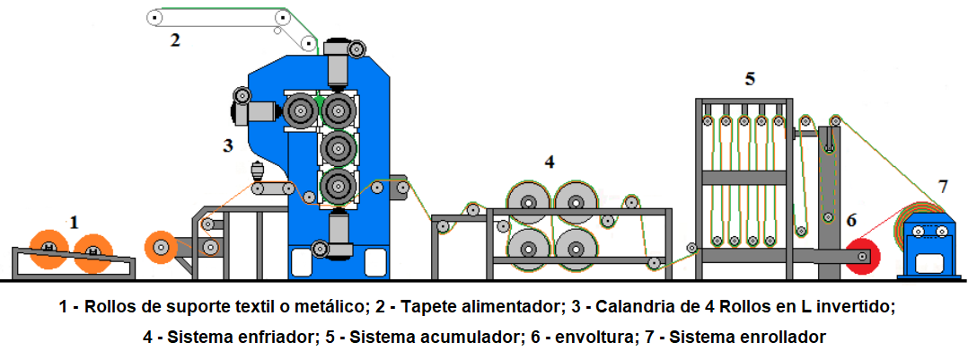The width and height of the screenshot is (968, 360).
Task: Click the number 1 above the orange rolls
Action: (x=75, y=220)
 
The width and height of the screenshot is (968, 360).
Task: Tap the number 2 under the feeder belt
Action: (x=175, y=40)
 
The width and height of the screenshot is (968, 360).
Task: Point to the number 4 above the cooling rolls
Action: (x=550, y=162)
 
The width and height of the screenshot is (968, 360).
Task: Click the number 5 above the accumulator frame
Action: (x=749, y=79)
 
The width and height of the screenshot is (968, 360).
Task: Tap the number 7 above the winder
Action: (x=942, y=186)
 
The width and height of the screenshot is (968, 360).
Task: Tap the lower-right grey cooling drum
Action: (x=575, y=248)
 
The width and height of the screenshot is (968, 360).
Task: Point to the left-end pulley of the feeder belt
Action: (x=154, y=17)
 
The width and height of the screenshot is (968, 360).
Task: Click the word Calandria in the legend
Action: (x=605, y=307)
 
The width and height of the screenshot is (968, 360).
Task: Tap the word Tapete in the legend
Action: (x=418, y=307)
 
